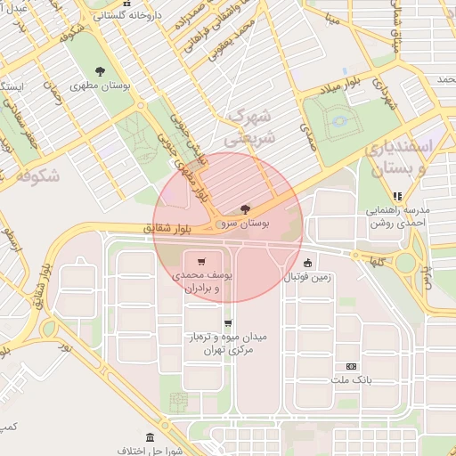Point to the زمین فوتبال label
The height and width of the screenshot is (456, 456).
click(x=307, y=277)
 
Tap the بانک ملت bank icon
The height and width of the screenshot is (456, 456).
click(x=351, y=366)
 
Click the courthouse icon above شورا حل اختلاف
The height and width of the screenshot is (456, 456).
click(x=149, y=438)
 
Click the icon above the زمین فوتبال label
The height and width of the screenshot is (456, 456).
click(x=307, y=263)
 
